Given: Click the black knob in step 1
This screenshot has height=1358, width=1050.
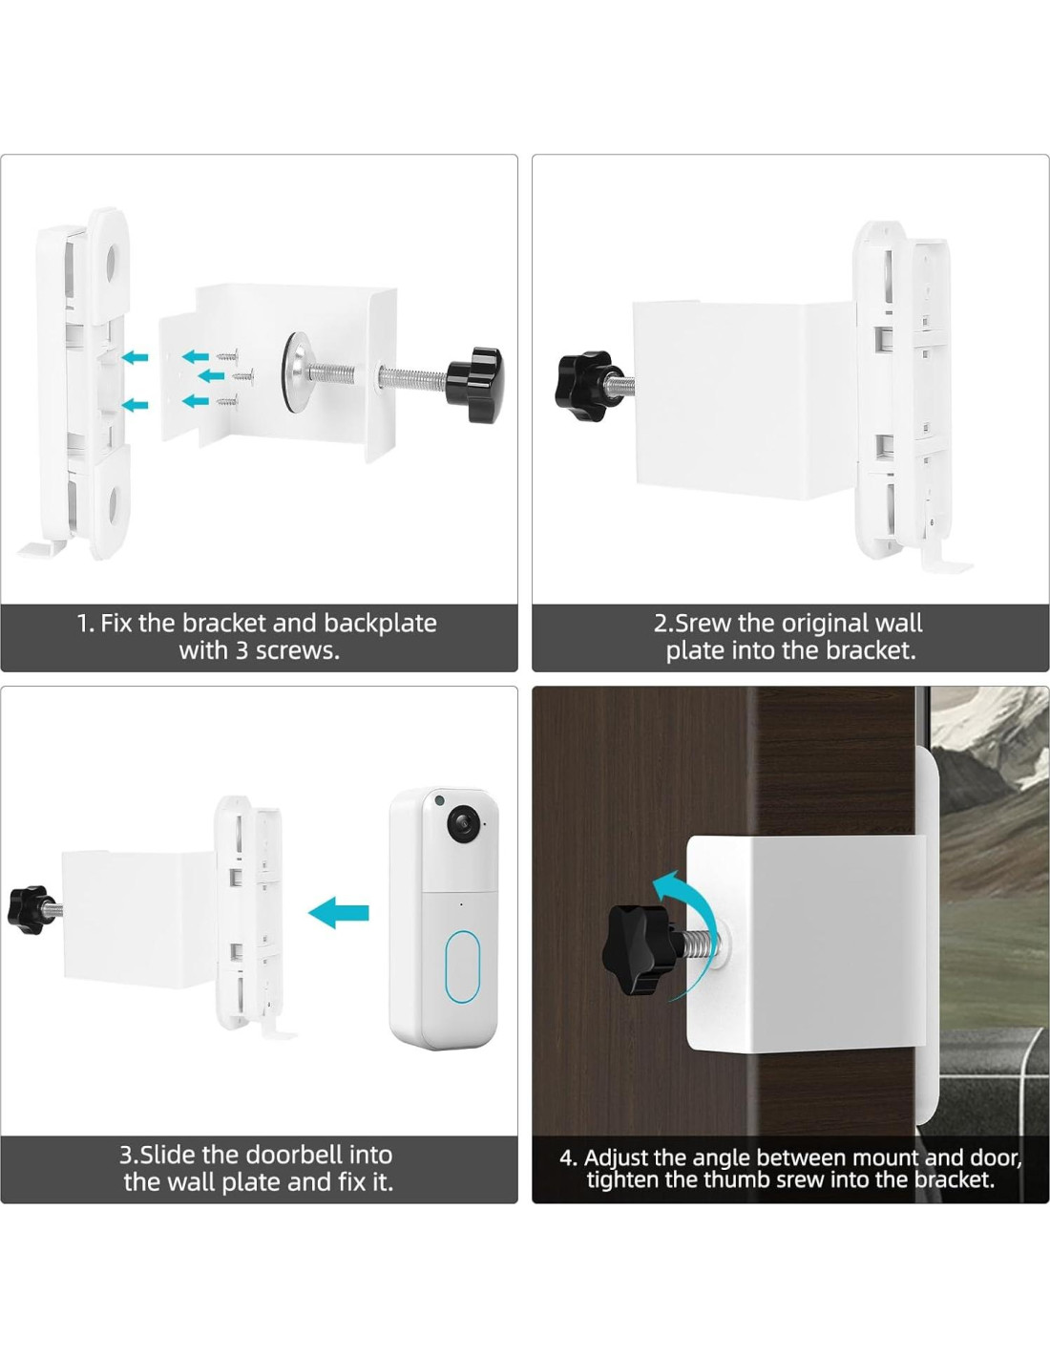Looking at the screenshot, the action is coord(473,377).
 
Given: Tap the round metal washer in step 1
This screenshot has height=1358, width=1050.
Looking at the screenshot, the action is coord(294,373).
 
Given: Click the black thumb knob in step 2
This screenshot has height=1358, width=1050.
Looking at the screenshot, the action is coord(583,386).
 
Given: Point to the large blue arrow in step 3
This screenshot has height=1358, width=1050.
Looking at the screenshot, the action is coord(339,913).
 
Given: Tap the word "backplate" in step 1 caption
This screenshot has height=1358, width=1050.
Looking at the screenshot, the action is coord(381,624).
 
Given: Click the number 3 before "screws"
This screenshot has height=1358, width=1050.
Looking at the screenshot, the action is coord(242,651).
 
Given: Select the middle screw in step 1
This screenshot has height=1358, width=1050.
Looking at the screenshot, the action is coord(243,376).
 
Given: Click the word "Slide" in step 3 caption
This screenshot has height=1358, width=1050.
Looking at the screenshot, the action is coord(165,1155).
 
